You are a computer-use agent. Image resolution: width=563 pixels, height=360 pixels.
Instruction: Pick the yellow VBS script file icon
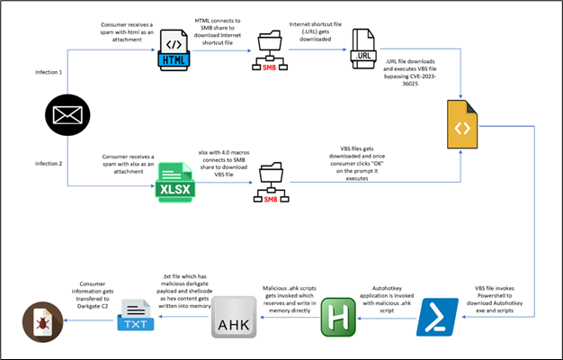tap(461, 128)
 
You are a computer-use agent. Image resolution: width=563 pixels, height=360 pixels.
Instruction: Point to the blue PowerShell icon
tap(436, 316)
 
